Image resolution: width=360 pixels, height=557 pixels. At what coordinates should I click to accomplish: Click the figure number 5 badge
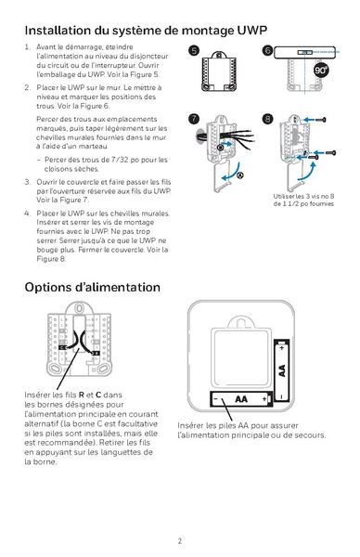pos(194,50)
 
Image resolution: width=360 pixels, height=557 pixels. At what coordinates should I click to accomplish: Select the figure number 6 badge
pos(267,50)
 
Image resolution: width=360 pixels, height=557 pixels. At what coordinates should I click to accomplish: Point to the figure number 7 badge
pos(194,119)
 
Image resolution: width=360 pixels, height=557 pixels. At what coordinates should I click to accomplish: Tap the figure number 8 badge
pos(267,119)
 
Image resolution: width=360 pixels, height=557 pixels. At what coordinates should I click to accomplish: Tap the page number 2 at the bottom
pos(180,539)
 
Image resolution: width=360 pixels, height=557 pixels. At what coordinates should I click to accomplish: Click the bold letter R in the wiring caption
pos(82,395)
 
